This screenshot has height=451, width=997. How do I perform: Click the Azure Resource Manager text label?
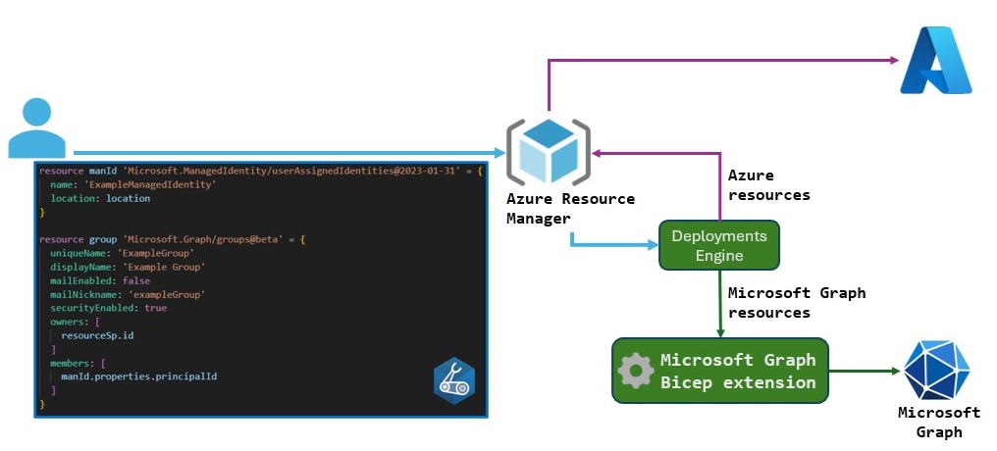[x=569, y=208]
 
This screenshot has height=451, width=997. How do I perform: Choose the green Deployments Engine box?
[x=719, y=245]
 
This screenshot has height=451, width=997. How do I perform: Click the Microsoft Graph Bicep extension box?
[x=720, y=371]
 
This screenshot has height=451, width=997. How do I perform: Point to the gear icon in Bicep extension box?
[x=636, y=371]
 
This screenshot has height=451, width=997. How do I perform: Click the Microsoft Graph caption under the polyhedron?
[x=938, y=422]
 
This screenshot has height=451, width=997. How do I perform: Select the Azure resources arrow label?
[x=768, y=184]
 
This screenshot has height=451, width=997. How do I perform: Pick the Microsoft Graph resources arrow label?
[x=796, y=302]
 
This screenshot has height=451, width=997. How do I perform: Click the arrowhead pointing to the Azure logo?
[x=892, y=61]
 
